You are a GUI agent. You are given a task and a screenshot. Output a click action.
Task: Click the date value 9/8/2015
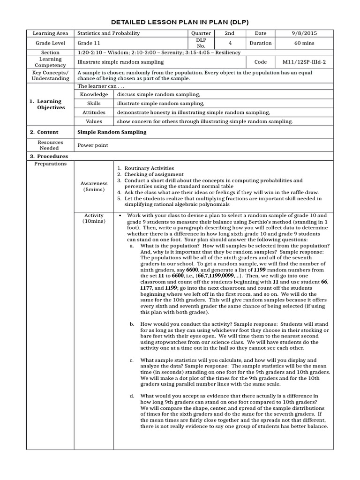305,33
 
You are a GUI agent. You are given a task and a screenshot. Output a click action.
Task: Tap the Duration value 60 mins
305,43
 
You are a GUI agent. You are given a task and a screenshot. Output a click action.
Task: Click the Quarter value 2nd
230,33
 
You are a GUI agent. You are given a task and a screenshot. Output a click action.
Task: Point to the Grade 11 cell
88,43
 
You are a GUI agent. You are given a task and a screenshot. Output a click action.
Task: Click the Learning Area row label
50,33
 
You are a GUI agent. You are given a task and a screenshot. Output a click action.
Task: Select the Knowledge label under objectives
95,94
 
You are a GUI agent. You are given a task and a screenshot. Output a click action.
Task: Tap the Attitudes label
95,112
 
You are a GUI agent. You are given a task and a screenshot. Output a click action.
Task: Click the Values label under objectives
95,121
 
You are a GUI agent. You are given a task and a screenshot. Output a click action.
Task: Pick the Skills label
95,103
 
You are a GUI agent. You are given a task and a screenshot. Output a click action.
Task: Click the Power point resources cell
93,145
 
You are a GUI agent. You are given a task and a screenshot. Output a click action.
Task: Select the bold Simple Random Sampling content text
112,132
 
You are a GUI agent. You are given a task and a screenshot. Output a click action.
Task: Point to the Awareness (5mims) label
94,187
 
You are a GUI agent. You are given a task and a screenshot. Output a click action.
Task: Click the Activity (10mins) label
94,218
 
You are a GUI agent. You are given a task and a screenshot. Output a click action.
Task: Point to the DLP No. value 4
230,43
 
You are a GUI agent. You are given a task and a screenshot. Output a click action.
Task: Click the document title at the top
180,22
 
